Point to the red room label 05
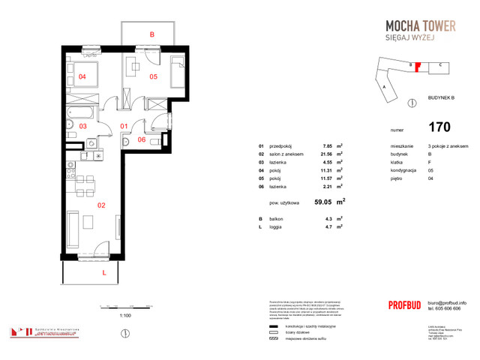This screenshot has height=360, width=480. click(x=152, y=76)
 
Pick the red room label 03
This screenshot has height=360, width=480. click(x=83, y=127)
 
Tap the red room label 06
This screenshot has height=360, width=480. click(x=141, y=140)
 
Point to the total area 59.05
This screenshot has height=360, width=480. click(x=324, y=202)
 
